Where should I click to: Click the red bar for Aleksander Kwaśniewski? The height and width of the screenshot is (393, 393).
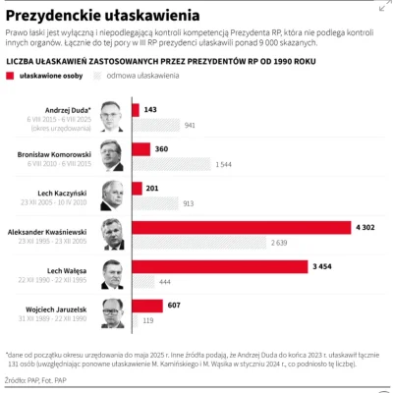tap(242, 227)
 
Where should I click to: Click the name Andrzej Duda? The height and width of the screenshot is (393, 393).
tap(69, 110)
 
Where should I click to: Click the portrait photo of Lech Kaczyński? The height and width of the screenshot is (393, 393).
tap(113, 195)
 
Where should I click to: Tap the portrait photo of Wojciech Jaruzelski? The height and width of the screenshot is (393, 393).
tap(113, 312)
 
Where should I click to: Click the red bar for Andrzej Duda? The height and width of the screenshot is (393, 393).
tap(136, 110)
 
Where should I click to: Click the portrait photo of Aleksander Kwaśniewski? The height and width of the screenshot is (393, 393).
tap(113, 234)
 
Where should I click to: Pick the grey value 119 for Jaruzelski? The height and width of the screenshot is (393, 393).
tap(149, 320)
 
